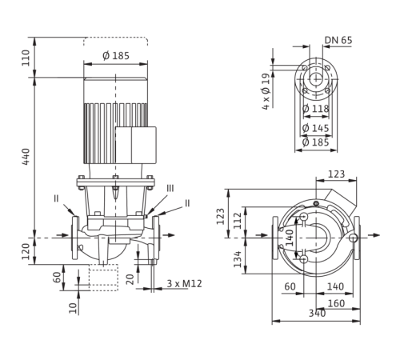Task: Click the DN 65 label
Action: (338, 40)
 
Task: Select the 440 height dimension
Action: (26, 157)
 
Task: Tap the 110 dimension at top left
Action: (26, 58)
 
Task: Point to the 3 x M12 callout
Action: (184, 283)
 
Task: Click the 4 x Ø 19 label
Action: (266, 91)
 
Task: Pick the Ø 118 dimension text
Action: (316, 109)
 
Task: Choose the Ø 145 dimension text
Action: (316, 128)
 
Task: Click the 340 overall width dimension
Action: (318, 313)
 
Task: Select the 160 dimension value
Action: (336, 303)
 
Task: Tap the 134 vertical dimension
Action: (238, 259)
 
